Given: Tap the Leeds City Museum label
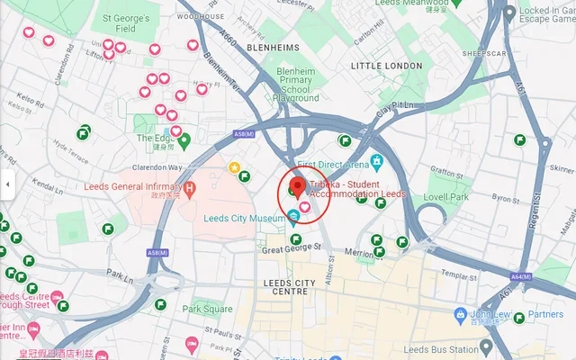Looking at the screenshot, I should pyautogui.click(x=245, y=217).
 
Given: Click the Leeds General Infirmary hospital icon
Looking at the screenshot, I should pyautogui.click(x=189, y=187).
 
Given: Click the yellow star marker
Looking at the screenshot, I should pyautogui.click(x=234, y=166).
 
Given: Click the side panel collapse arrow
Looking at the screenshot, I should pyautogui.click(x=7, y=184).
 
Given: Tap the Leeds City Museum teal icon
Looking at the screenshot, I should pyautogui.click(x=293, y=217).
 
